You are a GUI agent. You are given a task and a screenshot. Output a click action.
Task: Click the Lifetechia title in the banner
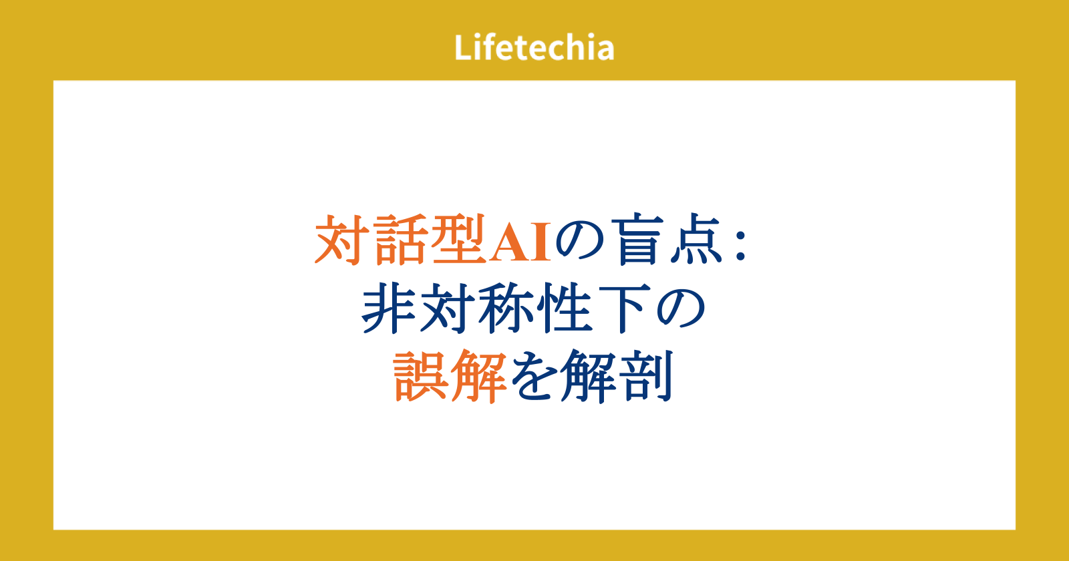pos(534,47)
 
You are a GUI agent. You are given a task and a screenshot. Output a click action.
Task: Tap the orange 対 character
pos(342,239)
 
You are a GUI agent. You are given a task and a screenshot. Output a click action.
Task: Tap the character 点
pos(696,239)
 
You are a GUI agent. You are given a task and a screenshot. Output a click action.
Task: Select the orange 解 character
pos(478,377)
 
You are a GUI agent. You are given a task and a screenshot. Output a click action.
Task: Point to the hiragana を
pos(534,377)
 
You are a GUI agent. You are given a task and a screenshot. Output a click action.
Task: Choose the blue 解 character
pos(589,377)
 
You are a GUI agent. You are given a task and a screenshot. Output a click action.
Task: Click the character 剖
pos(646,377)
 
